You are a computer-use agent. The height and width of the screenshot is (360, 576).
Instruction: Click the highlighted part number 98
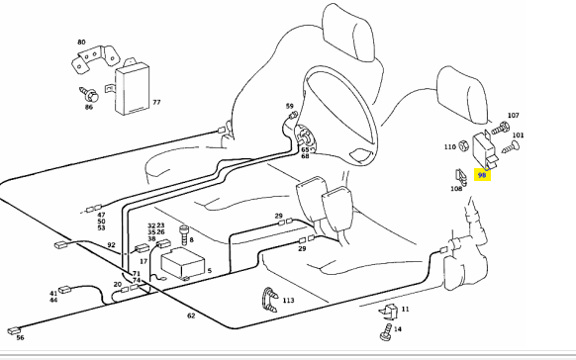click(482, 175)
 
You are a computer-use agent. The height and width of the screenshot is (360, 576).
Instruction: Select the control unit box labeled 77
click(132, 87)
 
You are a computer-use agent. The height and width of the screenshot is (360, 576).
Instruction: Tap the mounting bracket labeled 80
click(95, 58)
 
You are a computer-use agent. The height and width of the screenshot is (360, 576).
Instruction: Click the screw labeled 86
click(89, 94)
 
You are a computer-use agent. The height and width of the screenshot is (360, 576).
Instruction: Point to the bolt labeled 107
click(501, 128)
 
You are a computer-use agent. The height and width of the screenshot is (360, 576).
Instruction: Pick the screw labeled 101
click(511, 147)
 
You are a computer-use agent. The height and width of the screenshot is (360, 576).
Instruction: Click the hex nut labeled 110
click(463, 145)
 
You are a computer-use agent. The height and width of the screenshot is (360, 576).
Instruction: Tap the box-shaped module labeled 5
click(183, 262)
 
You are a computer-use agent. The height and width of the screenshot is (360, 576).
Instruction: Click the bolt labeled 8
click(184, 235)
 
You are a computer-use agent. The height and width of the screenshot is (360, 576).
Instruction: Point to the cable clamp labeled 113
click(269, 300)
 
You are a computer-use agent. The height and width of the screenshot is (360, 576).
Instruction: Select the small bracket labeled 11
click(389, 312)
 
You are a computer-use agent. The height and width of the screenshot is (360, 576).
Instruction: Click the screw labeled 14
click(386, 331)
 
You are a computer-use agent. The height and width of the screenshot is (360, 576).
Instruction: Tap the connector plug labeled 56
click(14, 330)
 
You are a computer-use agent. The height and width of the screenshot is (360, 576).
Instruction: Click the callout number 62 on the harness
click(191, 315)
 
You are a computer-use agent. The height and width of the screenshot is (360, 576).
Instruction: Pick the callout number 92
click(111, 244)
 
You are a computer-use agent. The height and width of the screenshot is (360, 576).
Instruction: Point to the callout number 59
click(289, 106)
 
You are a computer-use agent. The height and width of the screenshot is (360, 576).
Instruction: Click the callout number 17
click(144, 261)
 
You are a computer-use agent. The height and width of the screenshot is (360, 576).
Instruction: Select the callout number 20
click(117, 284)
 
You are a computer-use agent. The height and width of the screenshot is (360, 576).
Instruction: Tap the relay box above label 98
click(484, 149)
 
